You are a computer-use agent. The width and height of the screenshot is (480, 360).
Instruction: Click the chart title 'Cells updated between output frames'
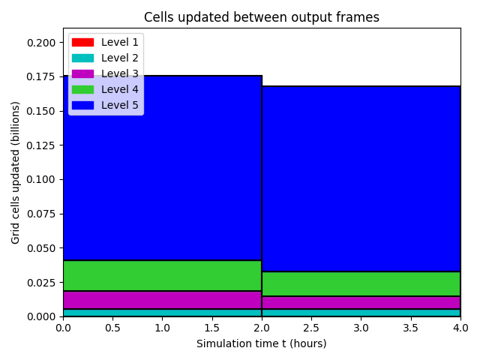(x=262, y=17)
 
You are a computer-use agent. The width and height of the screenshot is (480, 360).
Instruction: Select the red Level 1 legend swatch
(x=82, y=42)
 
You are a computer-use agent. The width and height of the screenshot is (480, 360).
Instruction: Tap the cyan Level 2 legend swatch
(x=82, y=58)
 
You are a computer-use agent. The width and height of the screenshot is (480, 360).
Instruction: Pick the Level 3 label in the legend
(x=120, y=73)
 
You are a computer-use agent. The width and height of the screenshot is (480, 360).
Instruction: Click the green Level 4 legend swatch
(x=82, y=90)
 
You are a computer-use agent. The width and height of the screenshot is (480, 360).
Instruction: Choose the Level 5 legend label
(x=120, y=105)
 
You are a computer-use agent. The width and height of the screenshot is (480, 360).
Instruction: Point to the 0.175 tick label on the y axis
(x=41, y=76)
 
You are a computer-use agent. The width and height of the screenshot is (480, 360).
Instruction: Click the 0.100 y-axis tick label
(x=41, y=179)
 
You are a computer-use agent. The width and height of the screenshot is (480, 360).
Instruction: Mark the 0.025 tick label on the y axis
(x=41, y=282)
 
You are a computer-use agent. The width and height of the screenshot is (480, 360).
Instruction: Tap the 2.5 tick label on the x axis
(x=311, y=328)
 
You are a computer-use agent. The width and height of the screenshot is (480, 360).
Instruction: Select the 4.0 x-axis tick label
(x=460, y=328)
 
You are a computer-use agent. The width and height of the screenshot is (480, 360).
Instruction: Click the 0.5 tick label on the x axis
(x=112, y=328)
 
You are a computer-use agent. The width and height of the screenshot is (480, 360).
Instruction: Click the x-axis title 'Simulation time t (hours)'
(x=262, y=343)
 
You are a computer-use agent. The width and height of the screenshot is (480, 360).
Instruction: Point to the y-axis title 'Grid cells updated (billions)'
(x=15, y=172)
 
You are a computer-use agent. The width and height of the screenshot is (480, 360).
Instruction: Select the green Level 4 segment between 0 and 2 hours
(x=162, y=275)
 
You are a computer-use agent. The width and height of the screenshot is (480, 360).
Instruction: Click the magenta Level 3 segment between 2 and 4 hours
(x=361, y=303)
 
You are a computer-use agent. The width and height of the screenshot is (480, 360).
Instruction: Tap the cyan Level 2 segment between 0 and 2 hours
(x=162, y=313)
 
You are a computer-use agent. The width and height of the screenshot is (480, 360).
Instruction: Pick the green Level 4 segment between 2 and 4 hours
(x=361, y=284)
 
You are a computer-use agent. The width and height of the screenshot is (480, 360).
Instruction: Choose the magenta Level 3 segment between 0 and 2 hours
(x=162, y=300)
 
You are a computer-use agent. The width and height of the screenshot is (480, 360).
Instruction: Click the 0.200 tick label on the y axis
(x=41, y=43)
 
